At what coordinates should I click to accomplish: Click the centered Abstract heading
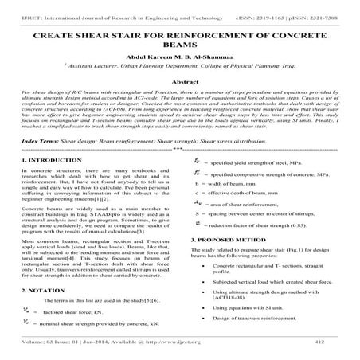[179, 104]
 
